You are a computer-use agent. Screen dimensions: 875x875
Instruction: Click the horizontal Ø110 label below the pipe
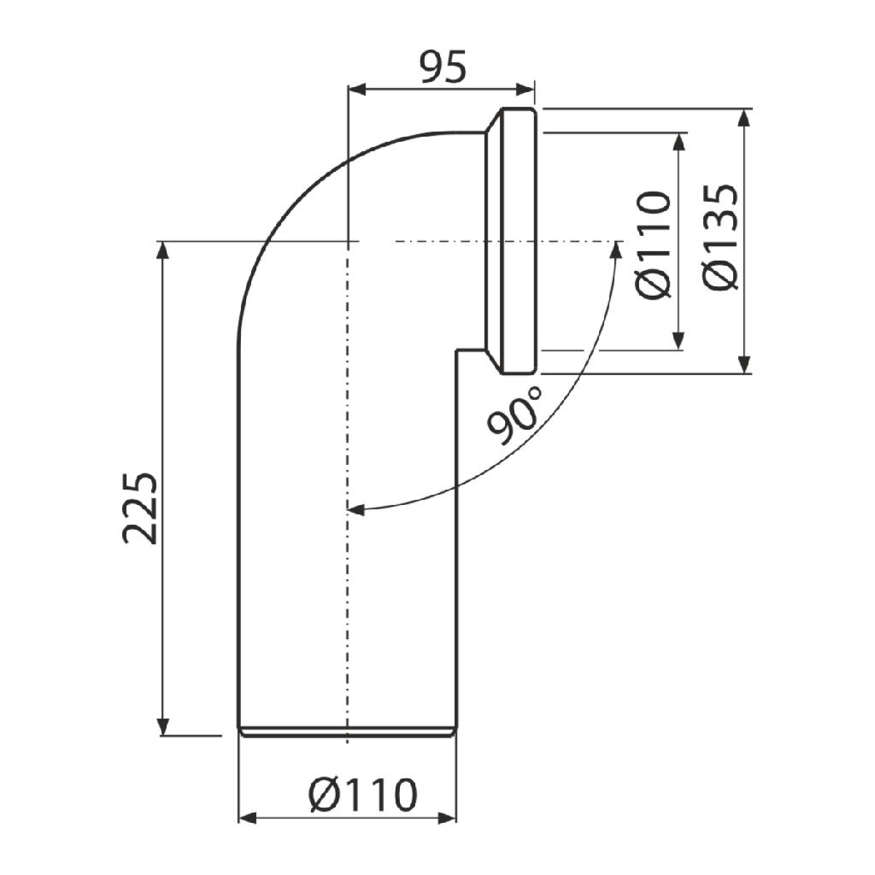point(363,796)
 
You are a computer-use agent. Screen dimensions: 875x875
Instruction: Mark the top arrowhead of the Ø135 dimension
point(744,117)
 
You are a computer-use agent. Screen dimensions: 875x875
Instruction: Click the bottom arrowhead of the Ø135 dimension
point(744,365)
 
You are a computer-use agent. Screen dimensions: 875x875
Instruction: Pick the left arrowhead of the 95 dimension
point(356,88)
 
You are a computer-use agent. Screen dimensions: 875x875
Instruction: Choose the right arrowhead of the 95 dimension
point(526,88)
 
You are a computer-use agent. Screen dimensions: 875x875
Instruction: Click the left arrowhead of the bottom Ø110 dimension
point(246,819)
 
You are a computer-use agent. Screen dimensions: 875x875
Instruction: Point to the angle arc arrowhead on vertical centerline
point(355,510)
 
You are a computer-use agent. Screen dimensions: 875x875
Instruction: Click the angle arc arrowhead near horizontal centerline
point(616,249)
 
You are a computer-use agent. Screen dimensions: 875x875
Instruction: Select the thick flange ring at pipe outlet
point(518,241)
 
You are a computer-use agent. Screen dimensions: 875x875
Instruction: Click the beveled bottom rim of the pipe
point(347,731)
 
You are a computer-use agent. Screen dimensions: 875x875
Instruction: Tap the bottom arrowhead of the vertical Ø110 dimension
point(678,342)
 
